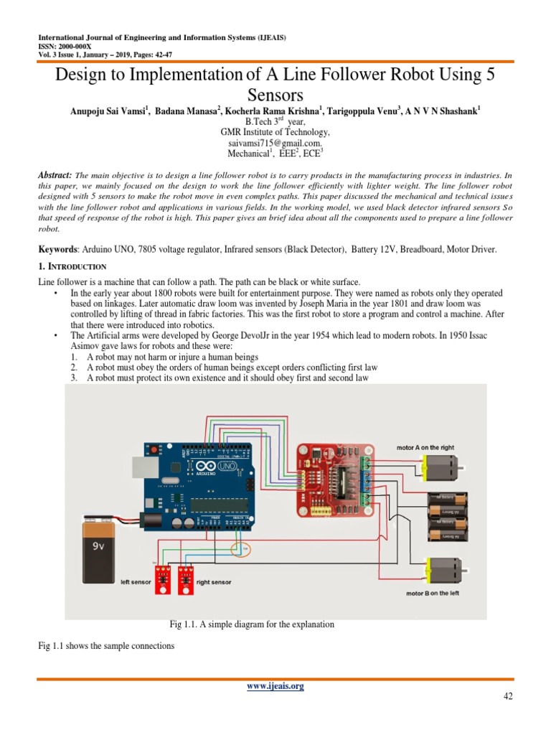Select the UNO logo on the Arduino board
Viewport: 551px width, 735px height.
click(x=230, y=467)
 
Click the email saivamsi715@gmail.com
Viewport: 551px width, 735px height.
click(x=275, y=144)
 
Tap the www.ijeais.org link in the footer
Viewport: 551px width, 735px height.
click(x=275, y=686)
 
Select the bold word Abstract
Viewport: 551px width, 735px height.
click(x=55, y=175)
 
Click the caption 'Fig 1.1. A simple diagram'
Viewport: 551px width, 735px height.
click(x=251, y=624)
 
